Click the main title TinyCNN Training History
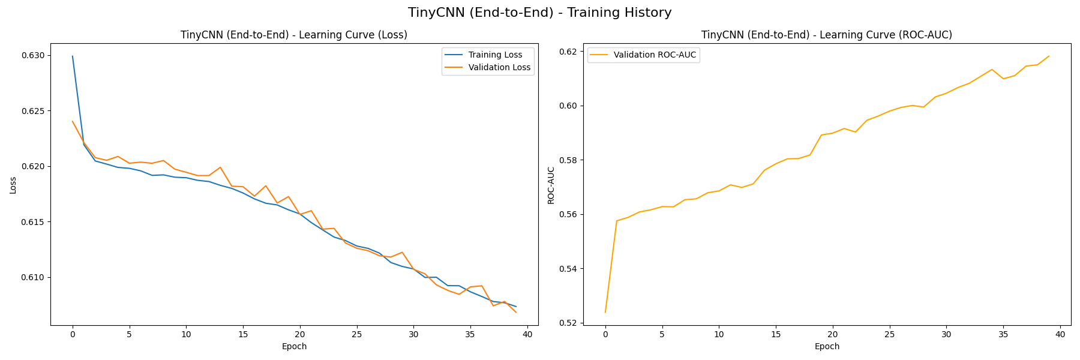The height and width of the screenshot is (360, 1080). tap(539, 13)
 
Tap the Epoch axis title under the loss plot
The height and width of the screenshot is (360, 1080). tap(294, 346)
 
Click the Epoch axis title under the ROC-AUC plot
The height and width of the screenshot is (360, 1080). tap(827, 346)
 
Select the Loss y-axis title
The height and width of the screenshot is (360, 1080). tap(13, 185)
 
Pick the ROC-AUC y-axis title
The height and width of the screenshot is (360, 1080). tap(551, 185)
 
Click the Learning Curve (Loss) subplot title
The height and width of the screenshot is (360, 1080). tap(294, 35)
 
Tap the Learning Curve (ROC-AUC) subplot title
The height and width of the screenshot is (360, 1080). tap(827, 35)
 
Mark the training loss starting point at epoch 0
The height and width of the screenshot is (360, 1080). tap(73, 56)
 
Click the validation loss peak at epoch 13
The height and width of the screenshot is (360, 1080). tap(220, 167)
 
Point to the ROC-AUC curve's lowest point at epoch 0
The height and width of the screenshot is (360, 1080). tap(605, 312)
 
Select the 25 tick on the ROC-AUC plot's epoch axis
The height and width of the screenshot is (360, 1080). tap(889, 334)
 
